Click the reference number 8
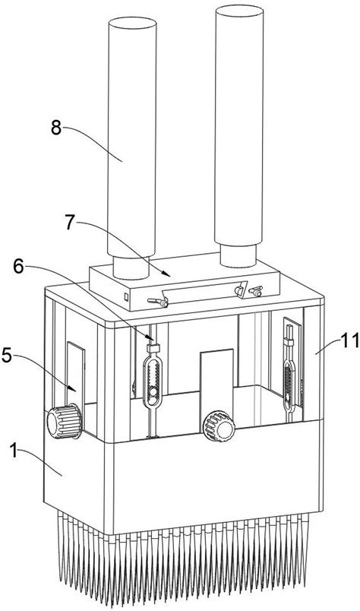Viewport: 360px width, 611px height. point(56,128)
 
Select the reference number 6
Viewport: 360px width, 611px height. point(18,268)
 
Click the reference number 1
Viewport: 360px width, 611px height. point(14,451)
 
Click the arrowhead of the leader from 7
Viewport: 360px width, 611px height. point(169,274)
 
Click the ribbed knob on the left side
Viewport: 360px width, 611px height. point(65,421)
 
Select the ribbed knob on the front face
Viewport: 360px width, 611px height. point(219,426)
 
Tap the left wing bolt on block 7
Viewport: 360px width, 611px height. point(159,301)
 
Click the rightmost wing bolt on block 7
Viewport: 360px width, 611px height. point(255,290)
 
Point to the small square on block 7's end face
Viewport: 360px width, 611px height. point(126,296)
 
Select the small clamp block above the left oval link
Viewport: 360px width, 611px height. point(153,347)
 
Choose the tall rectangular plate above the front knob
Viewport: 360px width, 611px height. point(216,381)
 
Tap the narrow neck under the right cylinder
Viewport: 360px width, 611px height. point(238,255)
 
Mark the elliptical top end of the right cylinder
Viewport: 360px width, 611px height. point(239,11)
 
